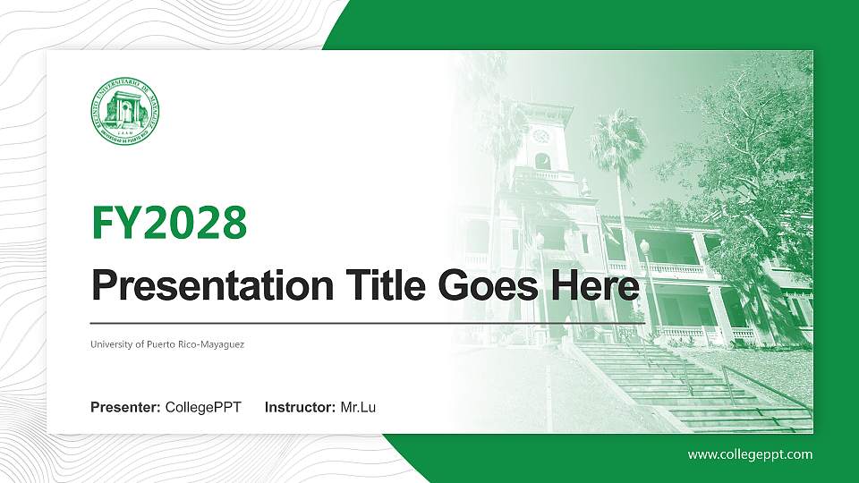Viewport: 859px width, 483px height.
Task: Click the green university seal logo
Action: coord(124,112)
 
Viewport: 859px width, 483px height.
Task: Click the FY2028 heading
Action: coord(169,223)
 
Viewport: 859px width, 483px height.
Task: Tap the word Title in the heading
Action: coord(379,286)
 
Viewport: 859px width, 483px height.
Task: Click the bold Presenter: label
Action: coord(125,408)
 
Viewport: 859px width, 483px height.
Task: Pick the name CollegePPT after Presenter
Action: coord(203,408)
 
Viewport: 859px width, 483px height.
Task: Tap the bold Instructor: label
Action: coord(301,408)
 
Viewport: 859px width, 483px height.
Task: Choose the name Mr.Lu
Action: coord(358,408)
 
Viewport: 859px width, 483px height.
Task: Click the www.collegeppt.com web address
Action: coord(750,454)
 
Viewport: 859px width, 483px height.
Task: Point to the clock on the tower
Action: coord(540,137)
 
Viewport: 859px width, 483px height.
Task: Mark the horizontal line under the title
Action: coord(367,321)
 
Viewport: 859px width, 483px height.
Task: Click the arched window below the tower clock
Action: coord(542,161)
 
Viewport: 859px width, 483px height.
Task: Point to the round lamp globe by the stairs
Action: coord(644,246)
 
